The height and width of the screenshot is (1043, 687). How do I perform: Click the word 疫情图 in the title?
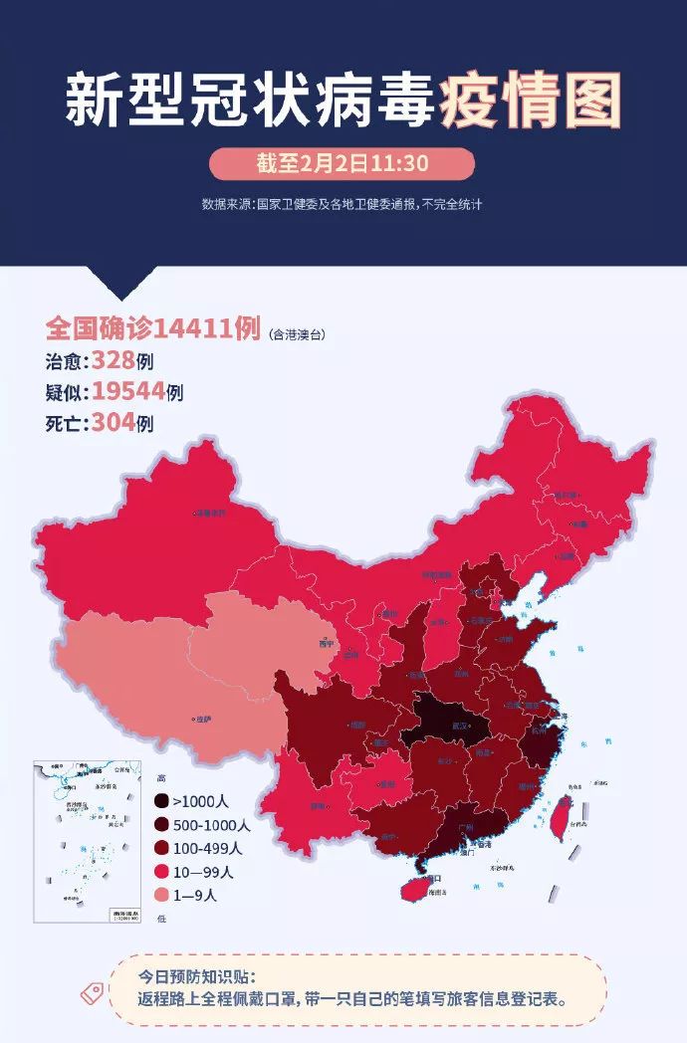[531, 100]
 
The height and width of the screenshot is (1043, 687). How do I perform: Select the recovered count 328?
[114, 359]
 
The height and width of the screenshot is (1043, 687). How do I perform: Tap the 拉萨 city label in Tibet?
[203, 719]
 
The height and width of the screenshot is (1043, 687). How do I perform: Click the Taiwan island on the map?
[562, 815]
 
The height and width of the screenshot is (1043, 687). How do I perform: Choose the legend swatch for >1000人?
[161, 801]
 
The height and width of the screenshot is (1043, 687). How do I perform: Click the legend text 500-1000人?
[212, 825]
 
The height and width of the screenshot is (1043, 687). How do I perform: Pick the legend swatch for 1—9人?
[161, 895]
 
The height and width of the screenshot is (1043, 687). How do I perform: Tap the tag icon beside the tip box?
[97, 990]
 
